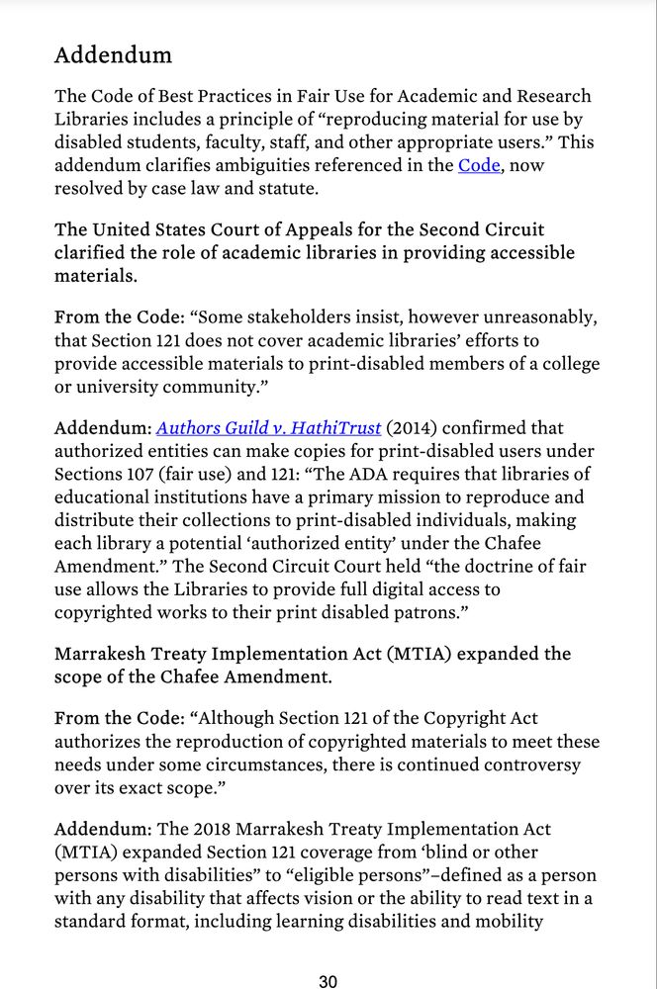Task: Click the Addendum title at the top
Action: click(113, 55)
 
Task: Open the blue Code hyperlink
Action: click(479, 166)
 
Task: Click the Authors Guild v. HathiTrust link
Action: click(268, 428)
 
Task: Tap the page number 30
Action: click(328, 981)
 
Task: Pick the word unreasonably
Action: click(542, 317)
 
